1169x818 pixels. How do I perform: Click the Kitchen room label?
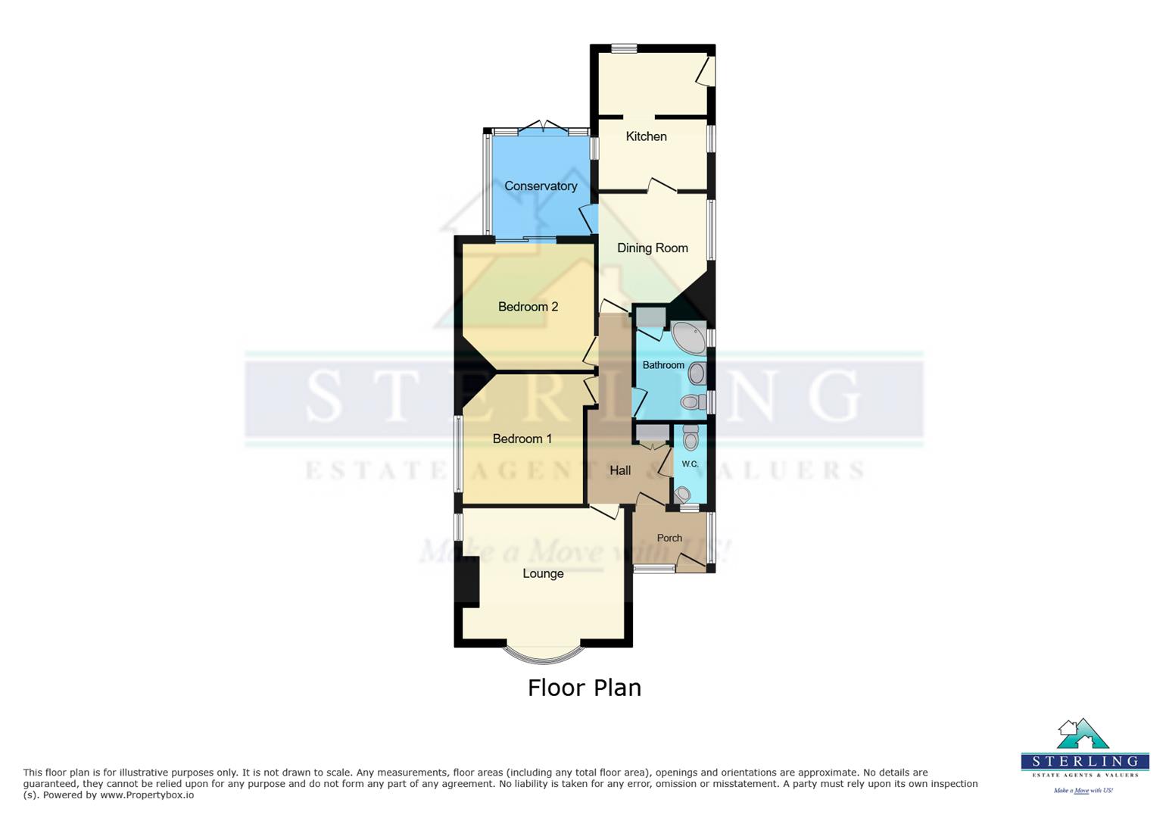(646, 136)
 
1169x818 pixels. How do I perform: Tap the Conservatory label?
(541, 186)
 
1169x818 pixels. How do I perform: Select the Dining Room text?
(652, 248)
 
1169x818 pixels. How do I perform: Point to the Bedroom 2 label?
(528, 307)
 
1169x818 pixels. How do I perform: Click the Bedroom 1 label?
(522, 439)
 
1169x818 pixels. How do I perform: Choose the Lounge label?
(543, 573)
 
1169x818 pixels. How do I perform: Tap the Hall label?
(620, 470)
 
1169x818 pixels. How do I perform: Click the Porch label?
(669, 538)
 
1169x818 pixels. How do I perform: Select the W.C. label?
(690, 464)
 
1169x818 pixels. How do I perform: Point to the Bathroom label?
(663, 365)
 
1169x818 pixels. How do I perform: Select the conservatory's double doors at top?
(542, 127)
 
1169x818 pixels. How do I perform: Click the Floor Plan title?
(584, 688)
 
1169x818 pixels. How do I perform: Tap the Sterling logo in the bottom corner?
(1084, 754)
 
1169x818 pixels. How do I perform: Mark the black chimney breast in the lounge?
(470, 581)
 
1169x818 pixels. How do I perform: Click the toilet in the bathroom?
(690, 401)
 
